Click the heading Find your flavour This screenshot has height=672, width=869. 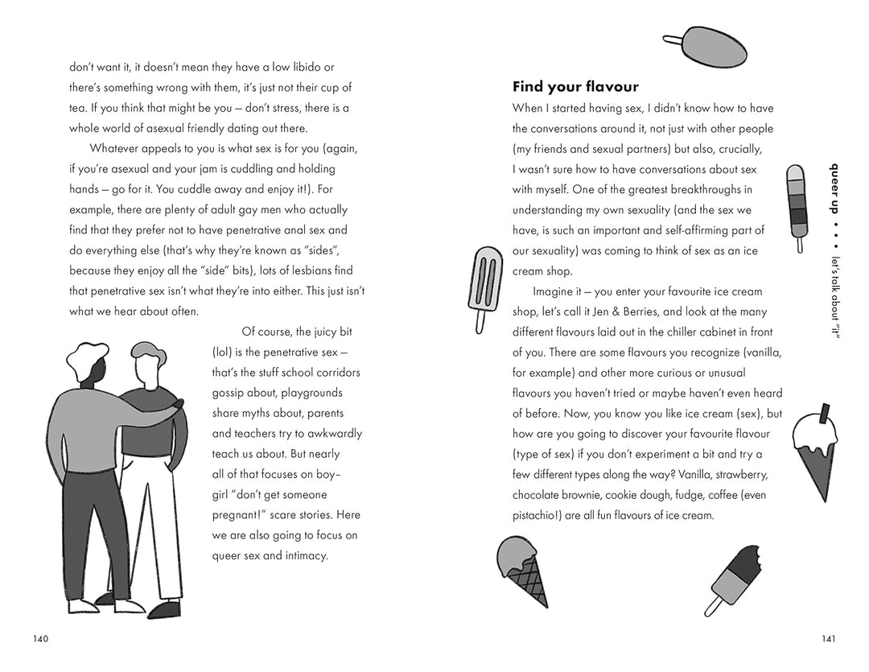pyautogui.click(x=575, y=87)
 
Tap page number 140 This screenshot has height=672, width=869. pyautogui.click(x=41, y=639)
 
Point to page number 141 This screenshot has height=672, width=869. pyautogui.click(x=829, y=639)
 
